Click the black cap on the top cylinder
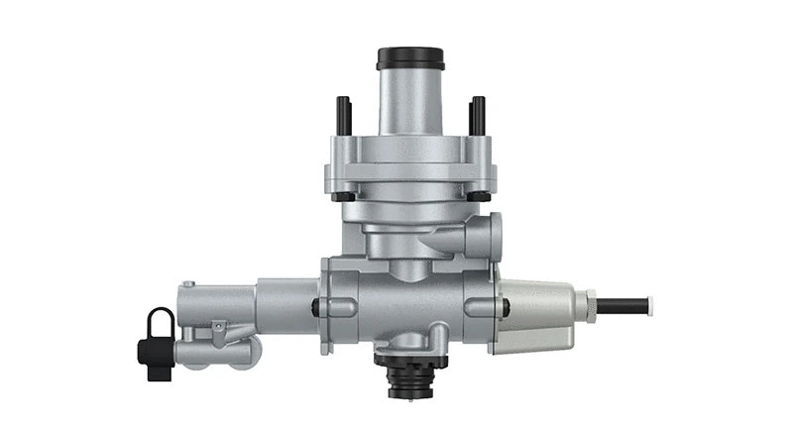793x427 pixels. point(410,56)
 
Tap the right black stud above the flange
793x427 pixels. point(477,117)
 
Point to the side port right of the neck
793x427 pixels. point(481,238)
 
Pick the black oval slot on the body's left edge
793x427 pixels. point(315,307)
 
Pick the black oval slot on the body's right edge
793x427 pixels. point(500,307)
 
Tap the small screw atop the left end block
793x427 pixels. point(185,284)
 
